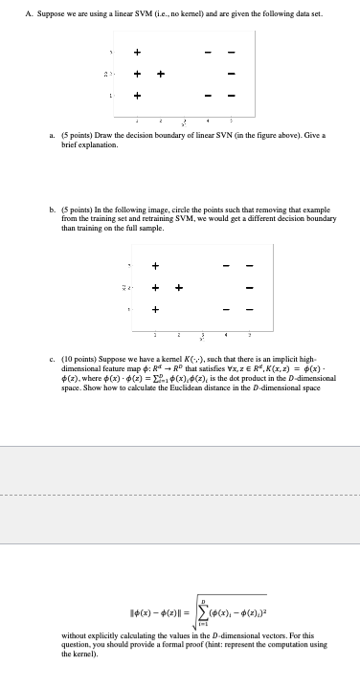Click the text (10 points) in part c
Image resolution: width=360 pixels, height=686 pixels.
click(x=79, y=353)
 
